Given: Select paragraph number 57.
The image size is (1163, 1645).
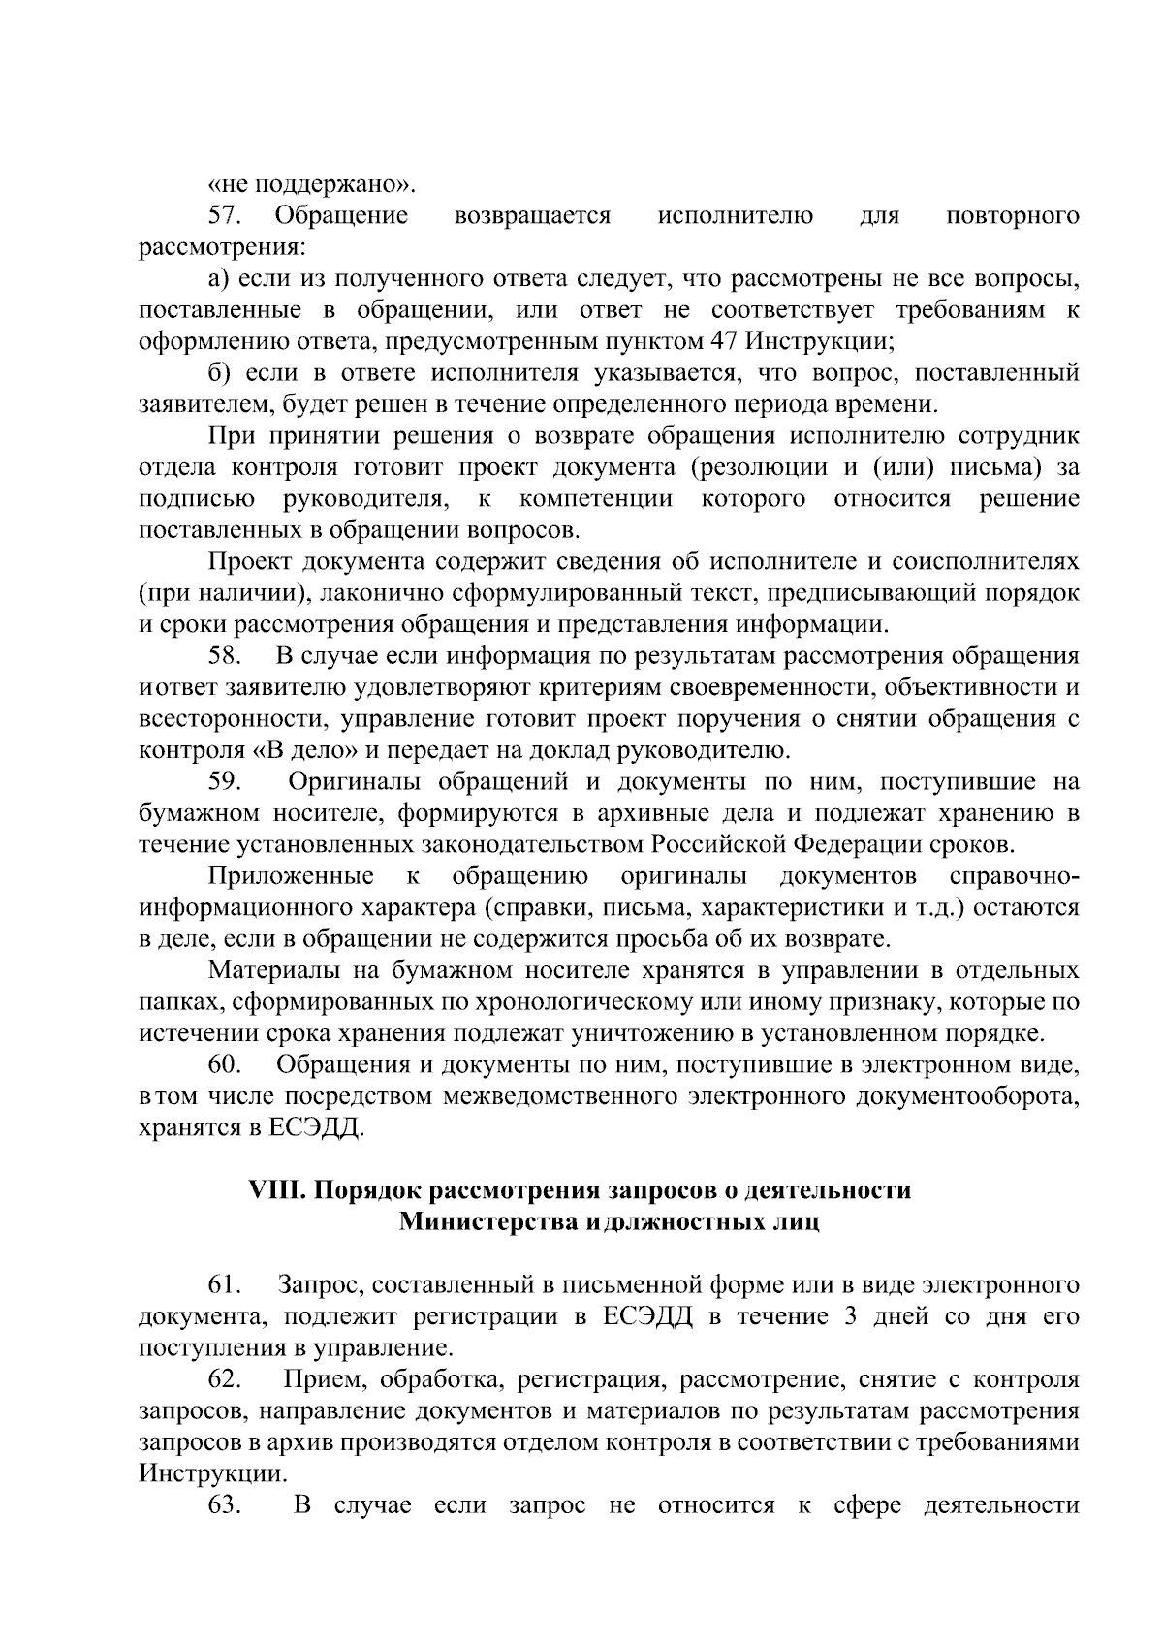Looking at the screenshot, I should pyautogui.click(x=225, y=215).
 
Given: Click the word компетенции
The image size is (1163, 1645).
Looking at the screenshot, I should pyautogui.click(x=596, y=499).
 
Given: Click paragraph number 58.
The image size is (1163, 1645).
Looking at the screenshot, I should pyautogui.click(x=225, y=656).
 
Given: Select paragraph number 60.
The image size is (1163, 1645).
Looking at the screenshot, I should pyautogui.click(x=225, y=1065).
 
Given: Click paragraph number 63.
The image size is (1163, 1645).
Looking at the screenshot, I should pyautogui.click(x=225, y=1506).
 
